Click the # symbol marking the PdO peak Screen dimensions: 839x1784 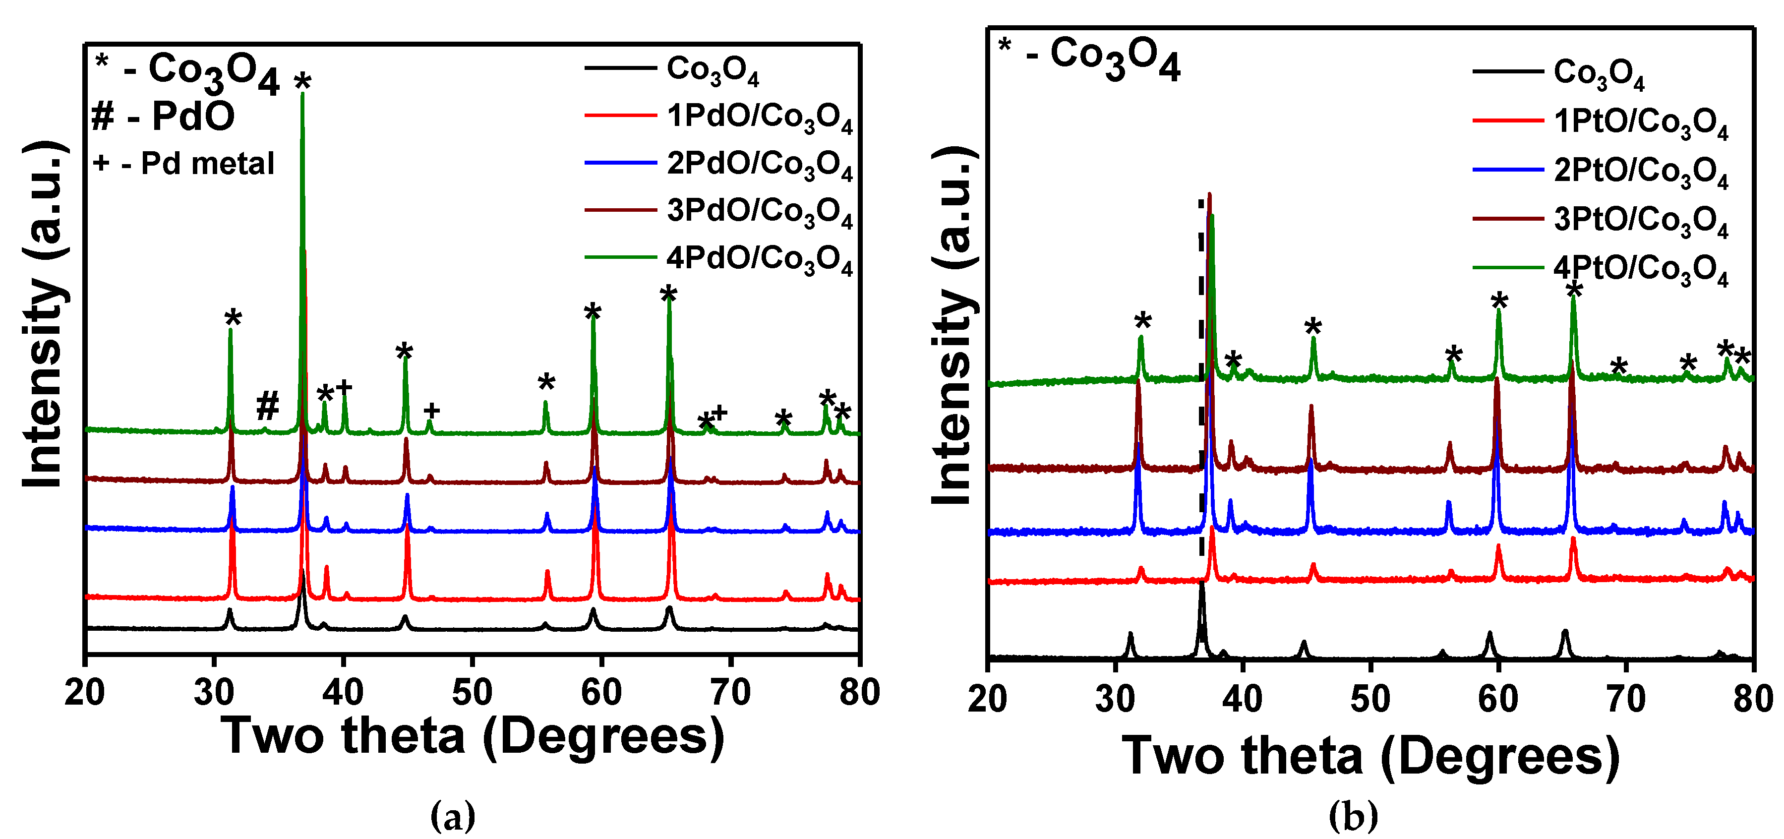(x=267, y=406)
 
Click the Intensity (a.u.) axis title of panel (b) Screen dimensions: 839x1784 (x=954, y=326)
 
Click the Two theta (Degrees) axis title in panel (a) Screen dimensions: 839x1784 (x=473, y=736)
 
